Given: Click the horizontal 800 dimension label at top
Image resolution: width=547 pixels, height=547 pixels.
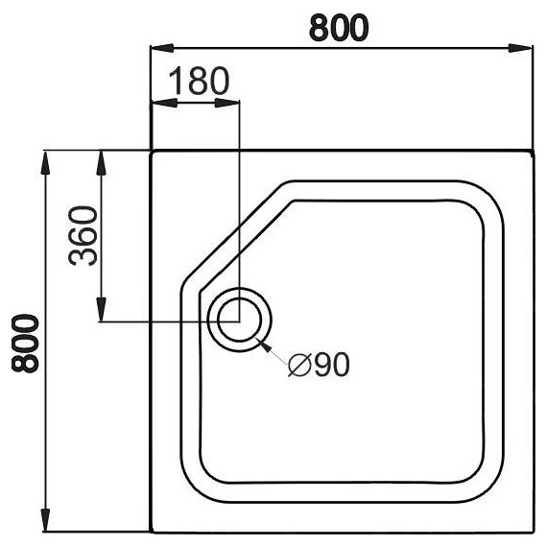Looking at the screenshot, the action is [339, 28].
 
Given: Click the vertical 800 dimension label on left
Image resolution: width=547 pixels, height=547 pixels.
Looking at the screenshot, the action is [26, 344].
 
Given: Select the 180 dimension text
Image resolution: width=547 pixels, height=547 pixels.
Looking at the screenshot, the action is [200, 81].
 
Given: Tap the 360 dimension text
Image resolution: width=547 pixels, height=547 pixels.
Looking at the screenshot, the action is [83, 236].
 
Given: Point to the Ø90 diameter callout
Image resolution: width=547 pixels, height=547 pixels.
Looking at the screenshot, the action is [319, 365].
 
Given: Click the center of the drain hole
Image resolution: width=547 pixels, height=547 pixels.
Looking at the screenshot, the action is [239, 320].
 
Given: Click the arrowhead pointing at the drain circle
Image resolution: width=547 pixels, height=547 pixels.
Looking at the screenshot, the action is [266, 346].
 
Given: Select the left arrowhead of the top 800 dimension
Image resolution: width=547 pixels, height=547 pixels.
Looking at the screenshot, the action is [162, 48].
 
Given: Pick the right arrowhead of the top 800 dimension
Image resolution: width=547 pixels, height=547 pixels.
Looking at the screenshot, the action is [520, 48].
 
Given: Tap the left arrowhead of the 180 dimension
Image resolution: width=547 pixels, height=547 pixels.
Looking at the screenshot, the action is [165, 103].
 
